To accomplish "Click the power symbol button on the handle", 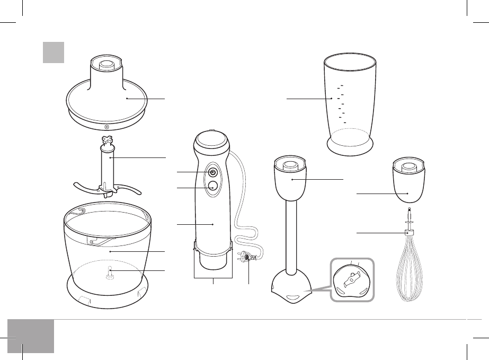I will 212,172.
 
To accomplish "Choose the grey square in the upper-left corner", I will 54,52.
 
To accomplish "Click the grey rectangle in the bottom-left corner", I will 31,336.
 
